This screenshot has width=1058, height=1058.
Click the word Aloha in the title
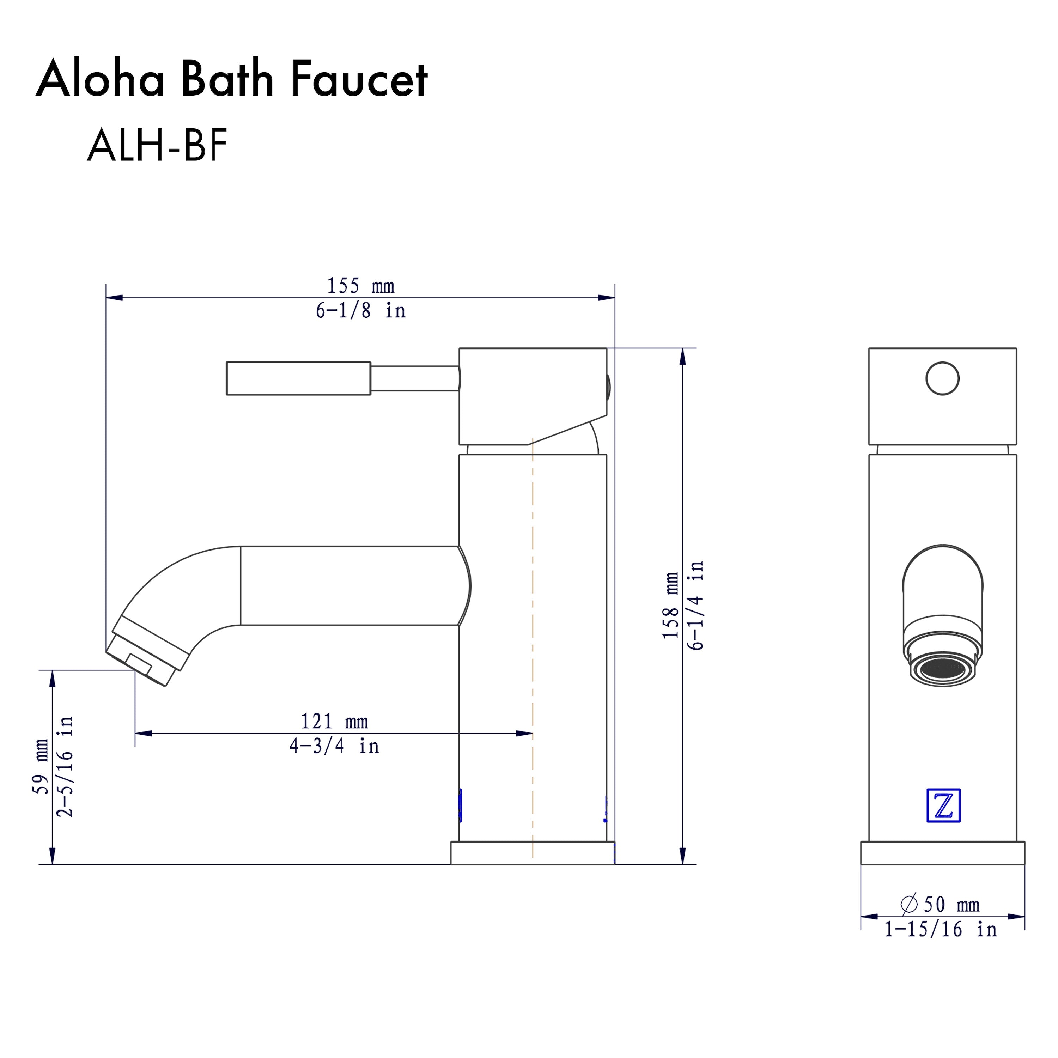(x=100, y=80)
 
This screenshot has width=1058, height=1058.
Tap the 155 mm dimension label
(x=360, y=286)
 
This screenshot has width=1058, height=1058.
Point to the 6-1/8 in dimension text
(x=360, y=311)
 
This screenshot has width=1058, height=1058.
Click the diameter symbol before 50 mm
(x=909, y=904)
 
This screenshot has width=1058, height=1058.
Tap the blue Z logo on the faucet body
(x=943, y=805)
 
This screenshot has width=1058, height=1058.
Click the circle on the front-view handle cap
(x=942, y=378)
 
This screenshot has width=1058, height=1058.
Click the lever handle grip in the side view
(x=298, y=378)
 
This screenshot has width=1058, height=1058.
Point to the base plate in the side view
(x=532, y=853)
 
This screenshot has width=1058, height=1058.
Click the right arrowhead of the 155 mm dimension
(x=607, y=298)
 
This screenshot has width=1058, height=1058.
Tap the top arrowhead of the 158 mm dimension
(x=682, y=357)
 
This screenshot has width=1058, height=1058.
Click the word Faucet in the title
(x=359, y=80)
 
